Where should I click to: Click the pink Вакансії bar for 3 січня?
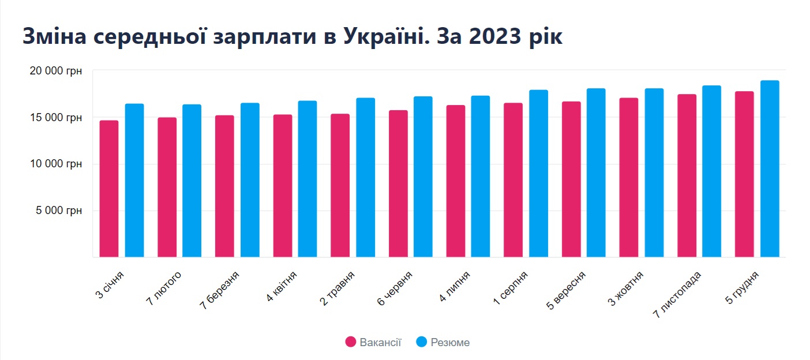pyautogui.click(x=109, y=189)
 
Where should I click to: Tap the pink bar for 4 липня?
pyautogui.click(x=455, y=181)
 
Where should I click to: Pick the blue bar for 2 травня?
pyautogui.click(x=365, y=178)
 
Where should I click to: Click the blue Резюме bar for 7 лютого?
pyautogui.click(x=192, y=181)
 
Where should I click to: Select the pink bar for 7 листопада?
pyautogui.click(x=687, y=175)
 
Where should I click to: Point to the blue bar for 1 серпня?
pyautogui.click(x=538, y=174)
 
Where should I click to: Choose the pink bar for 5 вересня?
pyautogui.click(x=571, y=179)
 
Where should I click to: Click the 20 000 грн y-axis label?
pyautogui.click(x=55, y=71)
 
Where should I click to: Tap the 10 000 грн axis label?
pyautogui.click(x=55, y=164)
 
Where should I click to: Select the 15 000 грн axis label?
pyautogui.click(x=55, y=118)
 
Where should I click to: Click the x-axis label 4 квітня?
pyautogui.click(x=282, y=287)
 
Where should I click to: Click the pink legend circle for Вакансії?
pyautogui.click(x=351, y=342)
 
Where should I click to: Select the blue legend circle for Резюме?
pyautogui.click(x=422, y=342)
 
